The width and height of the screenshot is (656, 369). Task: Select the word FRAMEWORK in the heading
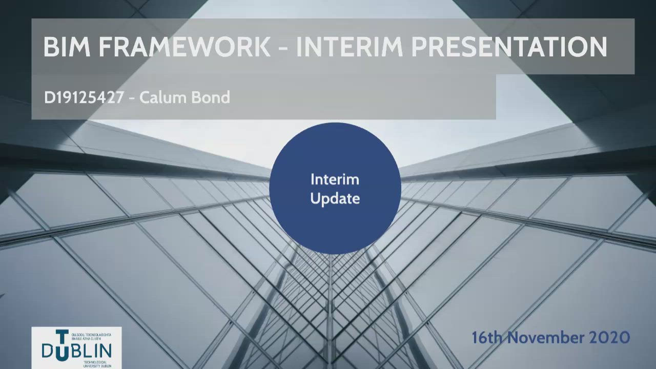[184, 47]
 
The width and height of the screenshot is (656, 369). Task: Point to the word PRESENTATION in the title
[509, 47]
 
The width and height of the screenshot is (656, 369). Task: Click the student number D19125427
[84, 97]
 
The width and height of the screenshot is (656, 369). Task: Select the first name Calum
[156, 97]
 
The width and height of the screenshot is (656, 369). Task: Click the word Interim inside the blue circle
[335, 179]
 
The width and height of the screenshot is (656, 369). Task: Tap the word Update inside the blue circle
[335, 199]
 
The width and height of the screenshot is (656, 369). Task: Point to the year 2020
[610, 338]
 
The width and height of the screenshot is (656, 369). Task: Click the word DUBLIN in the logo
[77, 351]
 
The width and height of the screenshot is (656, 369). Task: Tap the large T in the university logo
[61, 339]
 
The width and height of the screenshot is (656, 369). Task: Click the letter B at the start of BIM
[50, 47]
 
